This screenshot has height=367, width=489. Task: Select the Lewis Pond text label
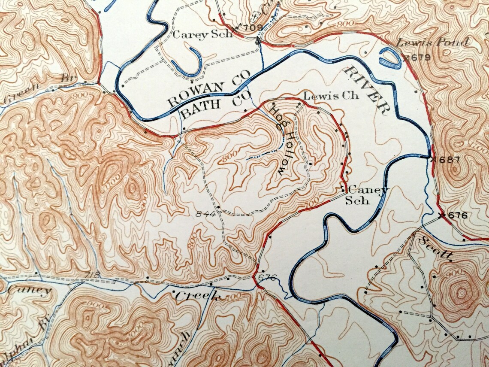point(432,42)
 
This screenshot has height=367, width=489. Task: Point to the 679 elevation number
point(420,57)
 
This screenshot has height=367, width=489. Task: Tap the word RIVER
point(368,91)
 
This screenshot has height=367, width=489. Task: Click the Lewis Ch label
point(331,96)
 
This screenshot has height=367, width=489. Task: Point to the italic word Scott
point(436,248)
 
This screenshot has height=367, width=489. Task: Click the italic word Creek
point(198,296)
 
